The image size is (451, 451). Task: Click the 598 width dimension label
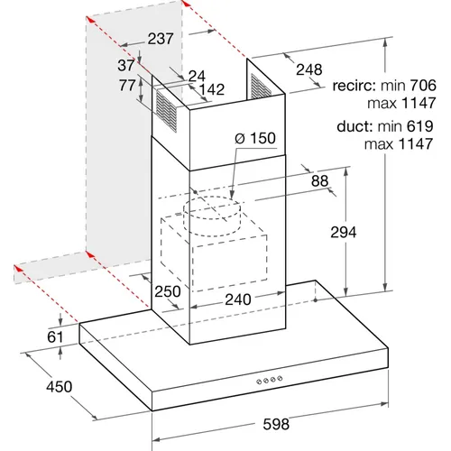(x=276, y=424)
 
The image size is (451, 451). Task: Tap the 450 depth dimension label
(x=60, y=386)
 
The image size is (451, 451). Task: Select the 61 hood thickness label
(x=55, y=337)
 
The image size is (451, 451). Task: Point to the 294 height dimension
(x=344, y=232)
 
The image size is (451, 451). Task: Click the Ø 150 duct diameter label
(x=255, y=138)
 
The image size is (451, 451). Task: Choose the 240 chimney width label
(x=238, y=299)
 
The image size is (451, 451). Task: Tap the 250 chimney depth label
(x=168, y=291)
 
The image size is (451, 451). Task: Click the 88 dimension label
(x=319, y=181)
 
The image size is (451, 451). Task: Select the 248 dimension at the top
(x=309, y=69)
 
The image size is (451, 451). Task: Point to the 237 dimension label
(x=161, y=39)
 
